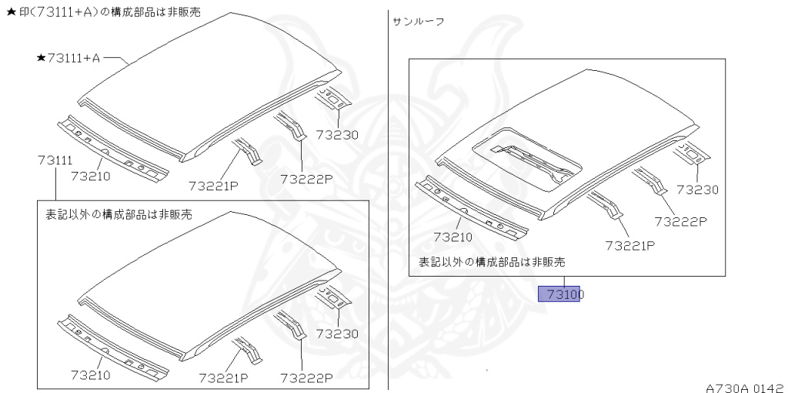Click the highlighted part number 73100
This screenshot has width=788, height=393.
pyautogui.click(x=563, y=294)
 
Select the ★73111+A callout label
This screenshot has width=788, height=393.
pyautogui.click(x=68, y=58)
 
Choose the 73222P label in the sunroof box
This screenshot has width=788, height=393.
pyautogui.click(x=680, y=221)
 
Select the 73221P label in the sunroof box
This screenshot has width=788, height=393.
pyautogui.click(x=629, y=246)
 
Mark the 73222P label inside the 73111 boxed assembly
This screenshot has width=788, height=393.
pyautogui.click(x=306, y=378)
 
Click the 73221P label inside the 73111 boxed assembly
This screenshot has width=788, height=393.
pyautogui.click(x=223, y=378)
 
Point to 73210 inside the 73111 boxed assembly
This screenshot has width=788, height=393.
pyautogui.click(x=90, y=375)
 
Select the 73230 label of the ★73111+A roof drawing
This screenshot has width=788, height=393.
pyautogui.click(x=338, y=134)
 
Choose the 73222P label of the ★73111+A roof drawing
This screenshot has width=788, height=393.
pyautogui.click(x=306, y=179)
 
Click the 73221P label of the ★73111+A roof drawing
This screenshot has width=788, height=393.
pyautogui.click(x=214, y=184)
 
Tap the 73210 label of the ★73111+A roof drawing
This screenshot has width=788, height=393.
pyautogui.click(x=91, y=176)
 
